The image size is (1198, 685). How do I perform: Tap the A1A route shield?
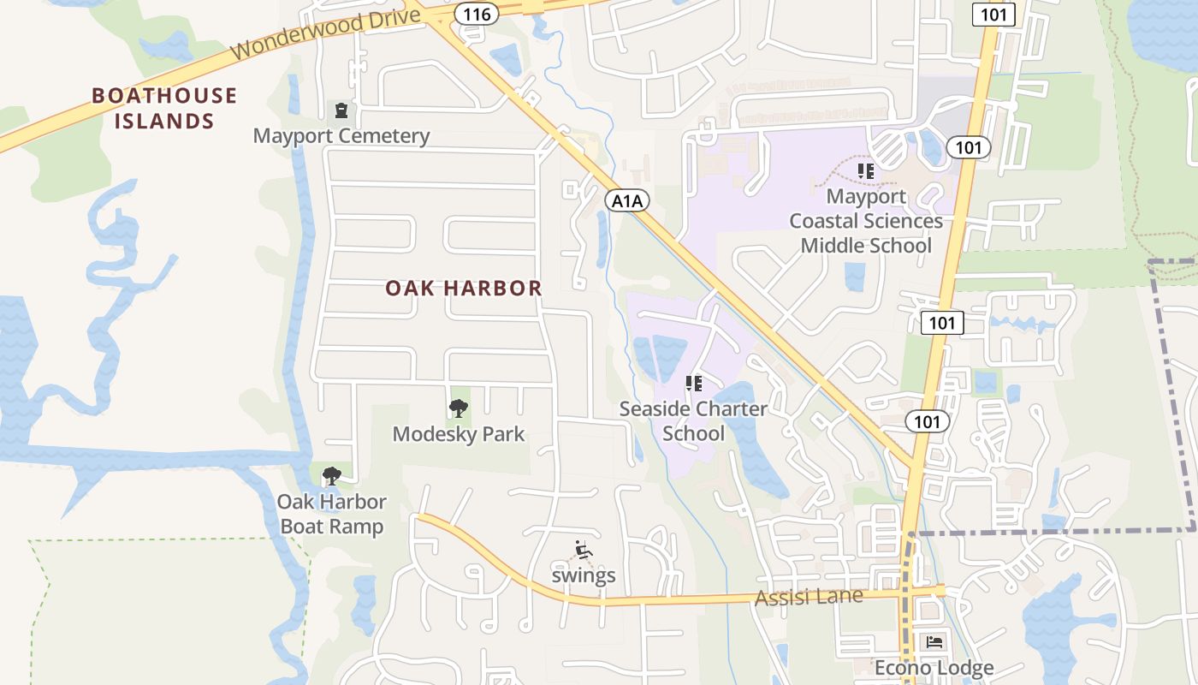coord(627,200)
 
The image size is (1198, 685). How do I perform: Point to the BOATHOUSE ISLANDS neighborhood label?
coord(164,108)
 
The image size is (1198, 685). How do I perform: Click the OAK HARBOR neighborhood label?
coord(463,289)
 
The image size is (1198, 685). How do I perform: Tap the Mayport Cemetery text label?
coord(341,136)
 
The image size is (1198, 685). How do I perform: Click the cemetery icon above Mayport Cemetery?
coord(341,110)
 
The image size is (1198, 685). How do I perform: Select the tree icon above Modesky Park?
coord(459,408)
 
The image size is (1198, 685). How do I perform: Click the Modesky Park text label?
coord(459,434)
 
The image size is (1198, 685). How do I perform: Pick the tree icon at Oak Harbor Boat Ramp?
coord(331,476)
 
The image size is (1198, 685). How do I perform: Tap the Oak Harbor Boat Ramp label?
coord(331,514)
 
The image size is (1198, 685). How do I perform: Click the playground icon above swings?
coord(583,550)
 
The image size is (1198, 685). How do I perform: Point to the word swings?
coord(584,575)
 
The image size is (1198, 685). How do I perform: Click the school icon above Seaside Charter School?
coord(693,383)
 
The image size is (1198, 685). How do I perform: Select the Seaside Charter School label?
coord(693,420)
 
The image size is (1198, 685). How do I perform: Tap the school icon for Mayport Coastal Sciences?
coord(866,171)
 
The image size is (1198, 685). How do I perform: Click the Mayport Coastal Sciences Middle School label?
coord(866,221)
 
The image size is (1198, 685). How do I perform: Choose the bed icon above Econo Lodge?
coord(934,641)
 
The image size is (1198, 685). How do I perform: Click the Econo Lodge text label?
coord(934,667)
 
